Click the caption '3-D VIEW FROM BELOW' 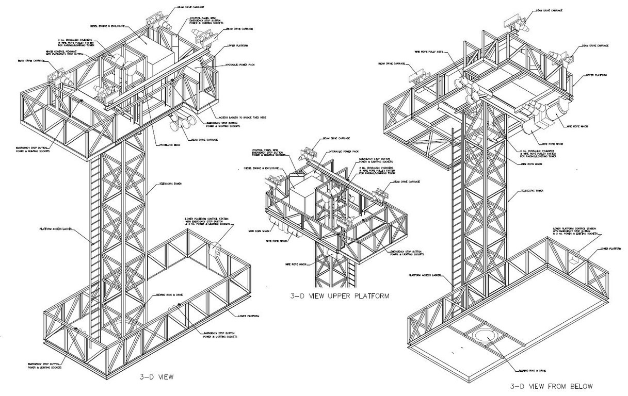click(x=551, y=386)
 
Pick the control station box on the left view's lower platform click(x=215, y=252)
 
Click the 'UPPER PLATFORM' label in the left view click(x=238, y=46)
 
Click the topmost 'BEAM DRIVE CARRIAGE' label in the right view click(x=549, y=10)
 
